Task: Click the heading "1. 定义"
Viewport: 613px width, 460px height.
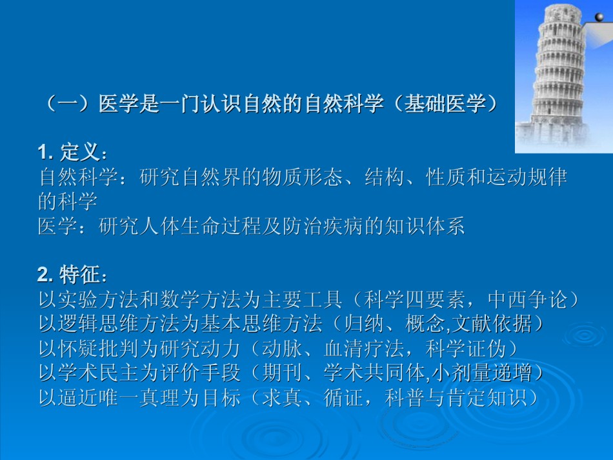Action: (x=69, y=152)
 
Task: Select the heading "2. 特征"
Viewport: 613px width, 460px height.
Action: (x=69, y=274)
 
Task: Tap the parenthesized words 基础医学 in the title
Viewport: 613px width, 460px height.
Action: (x=445, y=104)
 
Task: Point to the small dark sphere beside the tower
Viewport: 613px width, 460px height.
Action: (x=599, y=17)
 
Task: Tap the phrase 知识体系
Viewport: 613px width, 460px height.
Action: (x=425, y=226)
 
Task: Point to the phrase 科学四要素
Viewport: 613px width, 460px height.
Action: (x=414, y=300)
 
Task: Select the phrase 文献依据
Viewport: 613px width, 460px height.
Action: (x=492, y=324)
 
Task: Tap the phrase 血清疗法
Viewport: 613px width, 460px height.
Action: (x=364, y=348)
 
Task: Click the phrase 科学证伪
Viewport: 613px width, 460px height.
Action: (x=466, y=348)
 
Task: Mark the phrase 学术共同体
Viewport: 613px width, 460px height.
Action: (x=374, y=373)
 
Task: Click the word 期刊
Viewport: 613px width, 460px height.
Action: (x=282, y=373)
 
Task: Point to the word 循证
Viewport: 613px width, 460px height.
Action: (x=343, y=397)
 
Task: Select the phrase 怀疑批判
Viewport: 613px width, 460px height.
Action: (x=99, y=348)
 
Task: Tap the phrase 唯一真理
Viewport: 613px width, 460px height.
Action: (x=139, y=397)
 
